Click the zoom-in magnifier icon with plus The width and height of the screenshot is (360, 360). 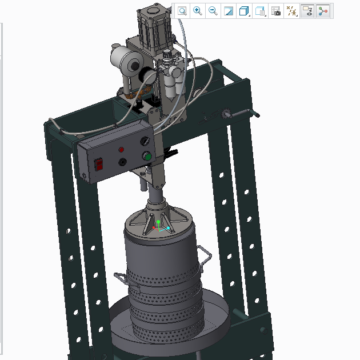click(x=198, y=11)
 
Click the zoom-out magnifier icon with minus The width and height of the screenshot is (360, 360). click(x=213, y=11)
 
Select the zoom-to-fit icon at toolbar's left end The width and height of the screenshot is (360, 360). click(x=182, y=11)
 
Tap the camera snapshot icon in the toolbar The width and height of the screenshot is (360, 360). click(x=276, y=11)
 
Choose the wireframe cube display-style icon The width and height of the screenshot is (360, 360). click(x=245, y=11)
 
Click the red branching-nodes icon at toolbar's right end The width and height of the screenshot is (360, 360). click(x=323, y=11)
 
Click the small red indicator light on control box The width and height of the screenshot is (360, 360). click(x=121, y=150)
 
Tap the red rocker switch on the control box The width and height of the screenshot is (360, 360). click(x=99, y=165)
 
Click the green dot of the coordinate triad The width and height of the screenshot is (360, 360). click(x=158, y=222)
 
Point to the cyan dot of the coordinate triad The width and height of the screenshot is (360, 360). click(x=169, y=229)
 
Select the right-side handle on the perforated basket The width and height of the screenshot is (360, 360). click(x=203, y=254)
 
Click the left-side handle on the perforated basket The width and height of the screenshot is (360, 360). click(x=121, y=277)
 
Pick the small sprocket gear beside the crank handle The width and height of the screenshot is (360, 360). click(x=225, y=114)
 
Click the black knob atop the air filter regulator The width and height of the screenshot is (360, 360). click(x=167, y=54)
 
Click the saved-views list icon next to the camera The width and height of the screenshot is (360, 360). click(x=261, y=11)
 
